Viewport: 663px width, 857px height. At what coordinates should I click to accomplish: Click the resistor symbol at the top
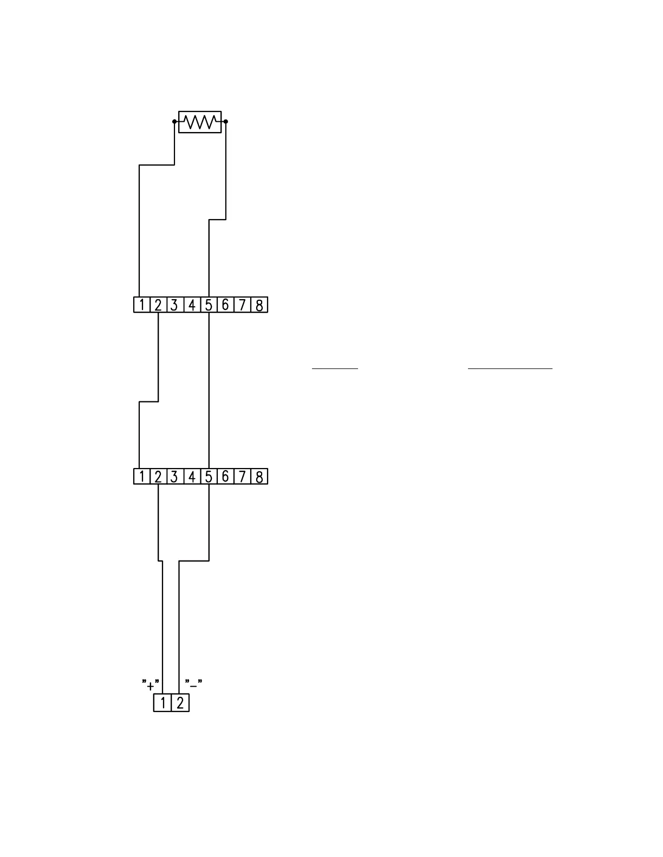click(200, 122)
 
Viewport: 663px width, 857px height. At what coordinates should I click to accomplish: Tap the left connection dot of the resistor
click(174, 122)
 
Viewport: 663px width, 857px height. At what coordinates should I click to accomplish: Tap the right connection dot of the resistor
click(226, 122)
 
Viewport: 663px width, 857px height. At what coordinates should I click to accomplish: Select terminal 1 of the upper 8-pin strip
click(141, 305)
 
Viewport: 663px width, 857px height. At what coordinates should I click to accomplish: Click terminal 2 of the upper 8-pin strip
click(158, 305)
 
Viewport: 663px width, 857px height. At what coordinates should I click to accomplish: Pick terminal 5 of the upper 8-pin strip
click(209, 305)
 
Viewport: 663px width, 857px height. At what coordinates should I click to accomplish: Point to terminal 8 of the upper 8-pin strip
click(259, 305)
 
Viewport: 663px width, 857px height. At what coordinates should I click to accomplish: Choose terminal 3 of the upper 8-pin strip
click(174, 305)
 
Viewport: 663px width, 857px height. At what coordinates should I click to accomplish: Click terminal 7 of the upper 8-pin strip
click(243, 305)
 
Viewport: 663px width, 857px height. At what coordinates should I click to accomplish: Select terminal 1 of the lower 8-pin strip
click(141, 477)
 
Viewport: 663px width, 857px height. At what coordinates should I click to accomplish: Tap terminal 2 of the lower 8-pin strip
click(158, 477)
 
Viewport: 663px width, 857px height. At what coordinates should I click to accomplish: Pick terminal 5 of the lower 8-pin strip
click(209, 477)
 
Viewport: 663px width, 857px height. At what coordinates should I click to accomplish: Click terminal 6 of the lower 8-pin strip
click(225, 477)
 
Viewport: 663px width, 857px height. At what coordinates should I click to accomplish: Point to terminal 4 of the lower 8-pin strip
click(192, 477)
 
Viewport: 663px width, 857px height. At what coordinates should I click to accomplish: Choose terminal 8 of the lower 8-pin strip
click(259, 477)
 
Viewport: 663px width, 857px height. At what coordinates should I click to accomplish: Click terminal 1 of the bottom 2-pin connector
click(162, 703)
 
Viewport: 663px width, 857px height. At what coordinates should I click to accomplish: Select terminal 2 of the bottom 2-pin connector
click(180, 703)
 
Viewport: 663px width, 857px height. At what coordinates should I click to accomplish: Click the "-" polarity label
click(193, 683)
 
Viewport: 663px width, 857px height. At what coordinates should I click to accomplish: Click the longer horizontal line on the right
click(510, 368)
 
